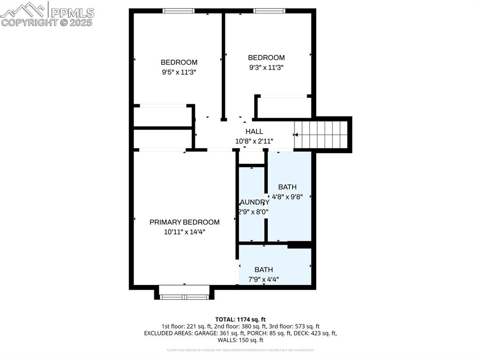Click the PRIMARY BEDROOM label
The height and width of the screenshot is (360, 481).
[184, 222]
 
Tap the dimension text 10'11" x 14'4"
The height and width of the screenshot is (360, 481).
[184, 232]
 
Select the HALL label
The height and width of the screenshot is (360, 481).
[254, 131]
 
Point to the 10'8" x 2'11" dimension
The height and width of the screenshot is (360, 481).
[254, 141]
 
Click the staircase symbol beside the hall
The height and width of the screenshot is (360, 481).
[322, 135]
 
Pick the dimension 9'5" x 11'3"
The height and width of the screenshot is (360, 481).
[178, 72]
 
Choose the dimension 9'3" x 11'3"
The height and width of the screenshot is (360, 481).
[266, 67]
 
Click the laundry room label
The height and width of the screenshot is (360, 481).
[254, 202]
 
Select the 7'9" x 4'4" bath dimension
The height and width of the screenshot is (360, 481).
[264, 279]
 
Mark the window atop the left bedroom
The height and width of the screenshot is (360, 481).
[178, 11]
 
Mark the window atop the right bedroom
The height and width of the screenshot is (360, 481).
[270, 11]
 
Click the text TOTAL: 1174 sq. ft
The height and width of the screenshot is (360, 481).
[240, 318]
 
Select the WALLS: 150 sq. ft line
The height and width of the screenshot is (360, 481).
[240, 340]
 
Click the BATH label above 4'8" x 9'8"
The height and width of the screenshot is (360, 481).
[287, 187]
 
